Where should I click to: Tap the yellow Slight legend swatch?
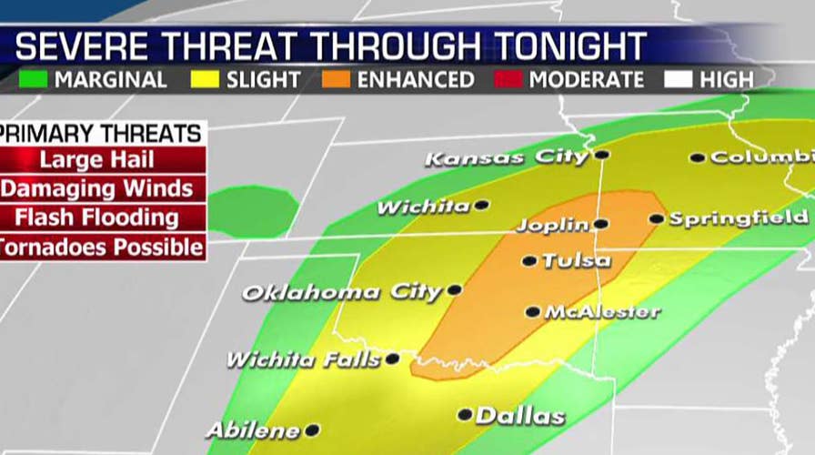206,79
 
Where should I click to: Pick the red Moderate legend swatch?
508,79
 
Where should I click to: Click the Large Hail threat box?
102,161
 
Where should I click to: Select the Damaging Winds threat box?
102,189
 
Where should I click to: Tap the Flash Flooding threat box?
102,217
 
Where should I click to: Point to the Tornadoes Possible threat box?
102,247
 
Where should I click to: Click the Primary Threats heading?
102,134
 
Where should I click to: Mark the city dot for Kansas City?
601,155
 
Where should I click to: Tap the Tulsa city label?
577,261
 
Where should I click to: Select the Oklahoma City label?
341,293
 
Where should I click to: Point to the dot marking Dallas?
465,414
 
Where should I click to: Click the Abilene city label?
253,430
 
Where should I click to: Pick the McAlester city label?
602,312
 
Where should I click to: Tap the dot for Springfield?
656,218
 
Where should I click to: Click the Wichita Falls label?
303,359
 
